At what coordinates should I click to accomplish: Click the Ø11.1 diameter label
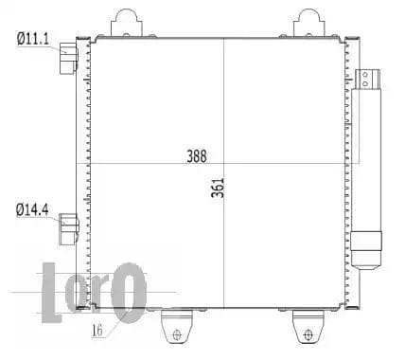click(33, 39)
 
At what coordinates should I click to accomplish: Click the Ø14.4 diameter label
click(32, 210)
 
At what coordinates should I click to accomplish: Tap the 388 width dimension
click(197, 156)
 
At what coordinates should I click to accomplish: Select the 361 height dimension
click(218, 188)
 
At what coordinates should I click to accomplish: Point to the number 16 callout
click(97, 330)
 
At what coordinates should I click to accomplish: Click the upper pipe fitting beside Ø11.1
click(68, 59)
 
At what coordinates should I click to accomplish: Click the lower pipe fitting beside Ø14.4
click(69, 229)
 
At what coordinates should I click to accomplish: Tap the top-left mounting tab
click(127, 23)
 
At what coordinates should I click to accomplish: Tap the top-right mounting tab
click(309, 23)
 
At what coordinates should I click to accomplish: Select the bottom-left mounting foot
click(177, 326)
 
